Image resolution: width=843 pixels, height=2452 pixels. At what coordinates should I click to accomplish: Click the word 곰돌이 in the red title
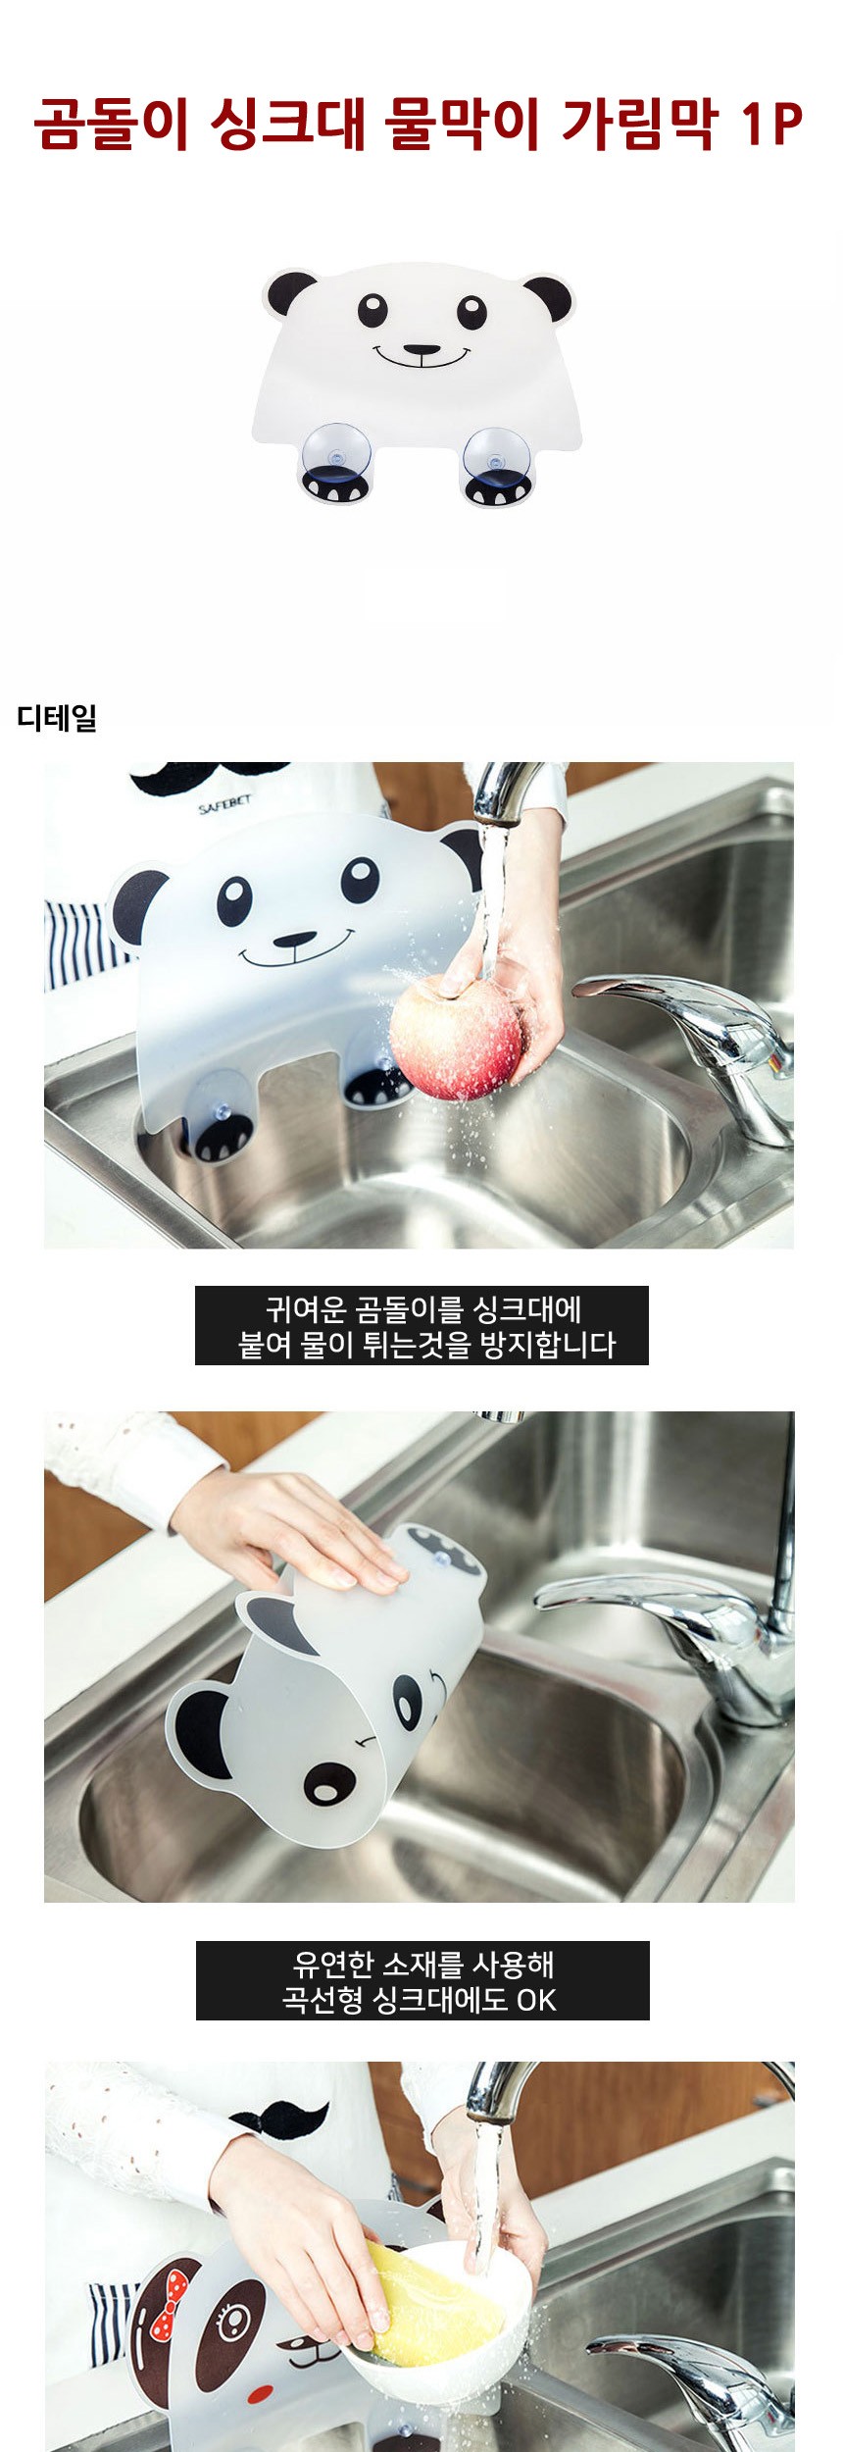(111, 125)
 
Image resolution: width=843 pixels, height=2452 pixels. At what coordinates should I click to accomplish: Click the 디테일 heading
(57, 717)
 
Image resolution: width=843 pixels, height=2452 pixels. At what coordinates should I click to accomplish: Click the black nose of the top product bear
(421, 349)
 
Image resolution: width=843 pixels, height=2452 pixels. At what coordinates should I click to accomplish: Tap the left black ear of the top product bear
(291, 291)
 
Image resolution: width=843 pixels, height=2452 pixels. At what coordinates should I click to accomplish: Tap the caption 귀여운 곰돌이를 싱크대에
(423, 1308)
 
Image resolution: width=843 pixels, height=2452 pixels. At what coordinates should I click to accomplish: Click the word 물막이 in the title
(461, 125)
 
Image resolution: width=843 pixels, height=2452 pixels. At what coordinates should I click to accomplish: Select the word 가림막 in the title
(640, 125)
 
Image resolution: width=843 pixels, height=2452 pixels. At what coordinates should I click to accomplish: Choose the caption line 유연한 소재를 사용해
(423, 1964)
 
